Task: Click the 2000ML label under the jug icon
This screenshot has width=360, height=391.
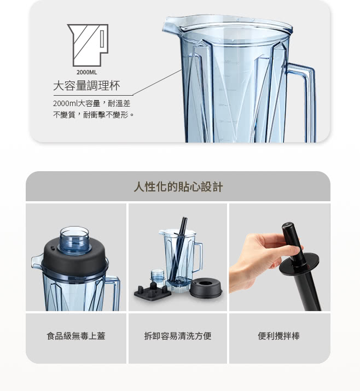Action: point(86,72)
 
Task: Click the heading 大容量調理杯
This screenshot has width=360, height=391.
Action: point(86,85)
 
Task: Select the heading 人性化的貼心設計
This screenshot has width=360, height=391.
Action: point(178,187)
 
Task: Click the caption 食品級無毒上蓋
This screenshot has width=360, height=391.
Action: point(76,336)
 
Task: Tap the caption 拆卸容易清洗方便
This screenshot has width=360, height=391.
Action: point(178,336)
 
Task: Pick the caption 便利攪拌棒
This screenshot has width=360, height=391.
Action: point(278,336)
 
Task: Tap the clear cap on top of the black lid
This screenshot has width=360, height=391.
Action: point(74,240)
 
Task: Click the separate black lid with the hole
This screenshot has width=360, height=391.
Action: point(206,288)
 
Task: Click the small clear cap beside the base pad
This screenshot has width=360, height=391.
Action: point(158,277)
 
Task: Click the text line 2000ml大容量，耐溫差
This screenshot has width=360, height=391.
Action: point(91,103)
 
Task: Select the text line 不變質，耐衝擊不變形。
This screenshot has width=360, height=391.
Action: point(94,115)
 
